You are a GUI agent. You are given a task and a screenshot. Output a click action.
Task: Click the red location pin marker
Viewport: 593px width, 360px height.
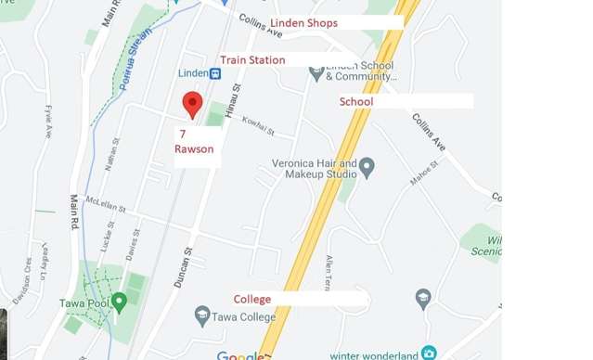192,104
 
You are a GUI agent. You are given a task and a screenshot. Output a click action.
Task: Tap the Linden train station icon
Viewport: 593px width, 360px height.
215,73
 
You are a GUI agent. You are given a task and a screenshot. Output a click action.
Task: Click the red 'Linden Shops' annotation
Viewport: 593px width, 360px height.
303,22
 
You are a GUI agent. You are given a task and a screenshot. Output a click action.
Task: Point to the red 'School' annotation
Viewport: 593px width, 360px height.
356,101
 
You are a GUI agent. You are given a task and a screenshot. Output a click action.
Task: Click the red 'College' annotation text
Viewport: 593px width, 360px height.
252,299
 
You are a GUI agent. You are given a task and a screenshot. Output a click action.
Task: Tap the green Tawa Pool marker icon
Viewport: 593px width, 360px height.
119,302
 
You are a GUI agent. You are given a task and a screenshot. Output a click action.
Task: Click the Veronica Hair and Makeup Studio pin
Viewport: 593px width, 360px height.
367,167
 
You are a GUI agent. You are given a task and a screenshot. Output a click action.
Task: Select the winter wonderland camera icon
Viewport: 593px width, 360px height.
428,353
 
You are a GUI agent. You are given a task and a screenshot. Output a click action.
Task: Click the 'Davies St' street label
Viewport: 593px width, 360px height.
135,244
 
